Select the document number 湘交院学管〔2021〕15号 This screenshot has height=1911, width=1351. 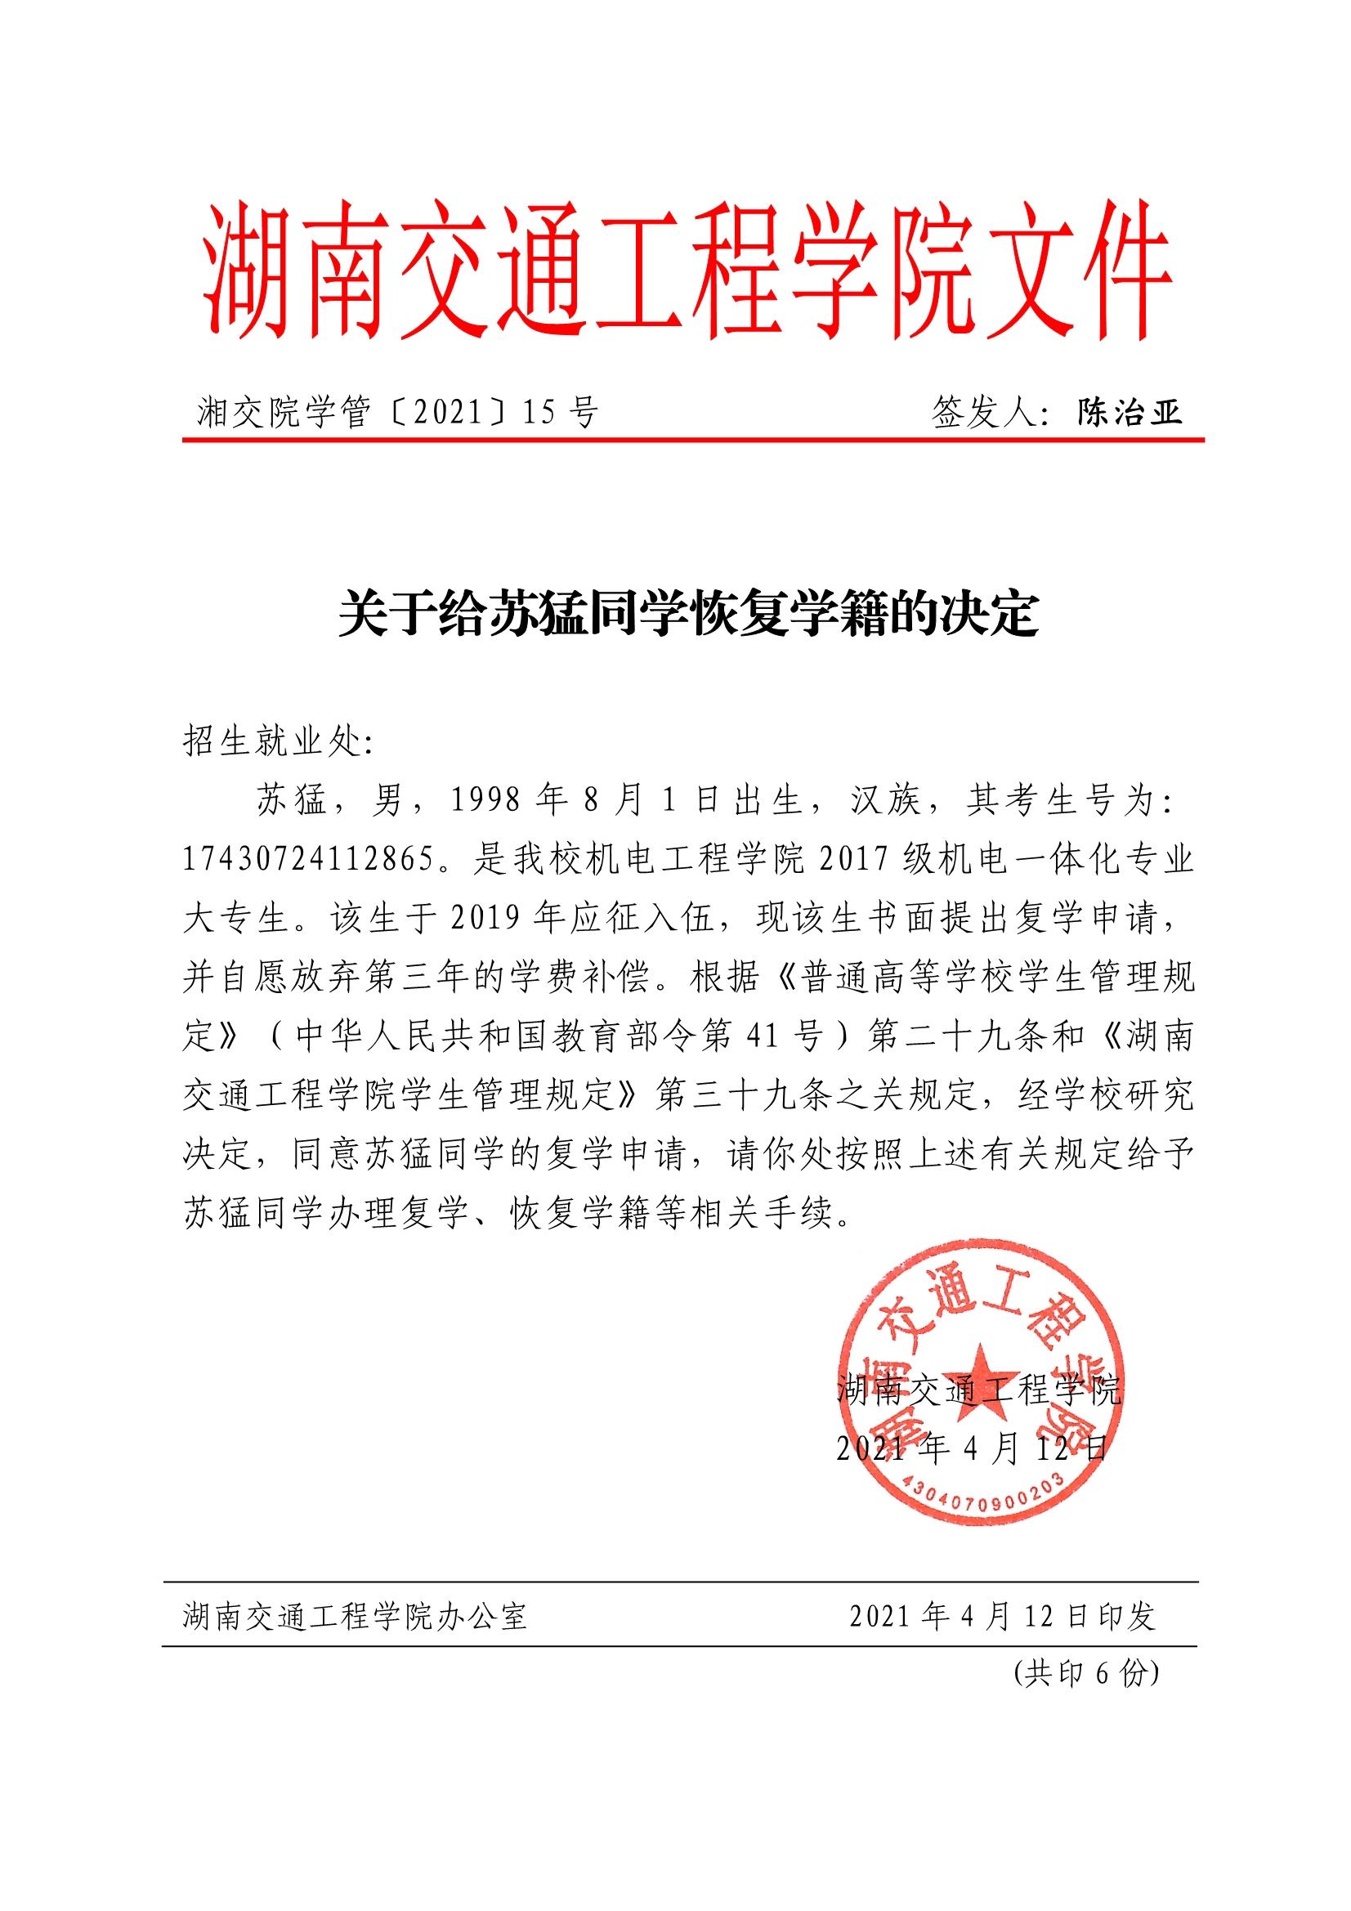coord(398,412)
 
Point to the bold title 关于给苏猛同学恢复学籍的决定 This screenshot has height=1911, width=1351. coord(688,615)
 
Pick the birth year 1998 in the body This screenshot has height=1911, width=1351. coord(485,801)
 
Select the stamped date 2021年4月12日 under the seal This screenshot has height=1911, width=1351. coord(973,1449)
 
